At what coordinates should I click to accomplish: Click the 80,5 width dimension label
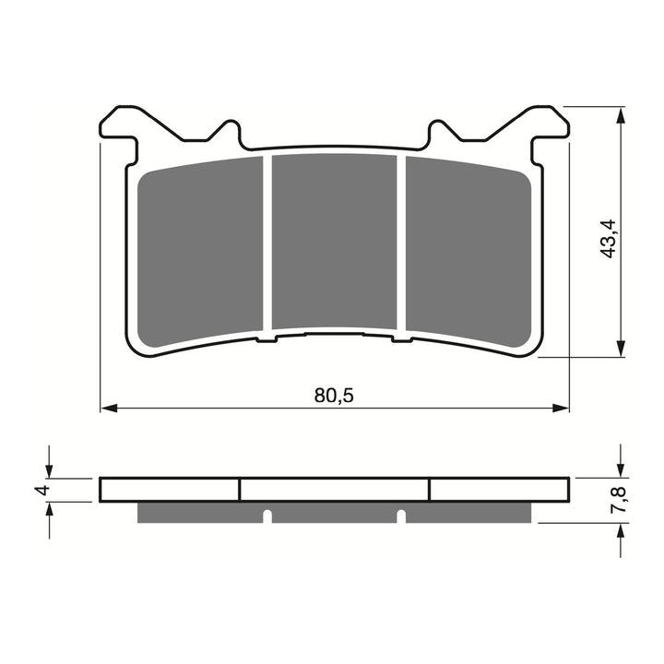tap(334, 396)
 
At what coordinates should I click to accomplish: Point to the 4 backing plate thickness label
tap(40, 489)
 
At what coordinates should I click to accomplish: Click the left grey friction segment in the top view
tap(200, 249)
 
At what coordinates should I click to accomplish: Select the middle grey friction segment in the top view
tap(334, 241)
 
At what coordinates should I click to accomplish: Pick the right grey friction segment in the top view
tap(468, 249)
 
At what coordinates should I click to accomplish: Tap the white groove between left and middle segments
tap(267, 242)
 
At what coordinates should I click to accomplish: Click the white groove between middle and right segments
tap(401, 242)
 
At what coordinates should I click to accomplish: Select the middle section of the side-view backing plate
tap(334, 489)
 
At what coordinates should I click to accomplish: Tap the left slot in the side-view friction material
tap(267, 515)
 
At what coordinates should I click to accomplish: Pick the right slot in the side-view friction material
tap(401, 515)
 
